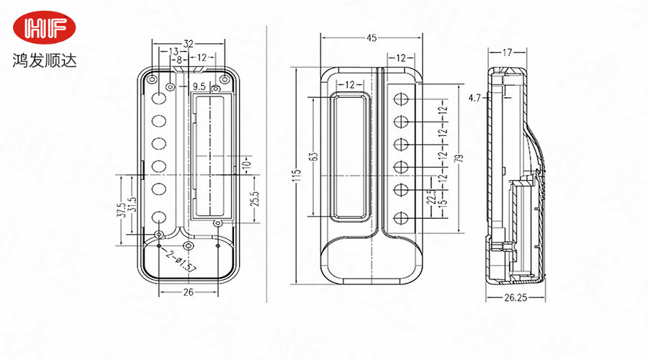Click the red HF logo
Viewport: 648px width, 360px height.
(49, 28)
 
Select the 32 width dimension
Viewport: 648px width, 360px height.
(188, 43)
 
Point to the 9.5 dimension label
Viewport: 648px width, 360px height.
(199, 86)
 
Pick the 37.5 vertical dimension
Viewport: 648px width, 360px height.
(122, 209)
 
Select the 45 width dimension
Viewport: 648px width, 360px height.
(372, 37)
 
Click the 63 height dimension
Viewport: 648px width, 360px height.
(312, 156)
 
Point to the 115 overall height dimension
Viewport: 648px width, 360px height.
(295, 176)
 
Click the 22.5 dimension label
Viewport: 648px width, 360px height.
(429, 196)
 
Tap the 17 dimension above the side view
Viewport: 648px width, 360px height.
(508, 52)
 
